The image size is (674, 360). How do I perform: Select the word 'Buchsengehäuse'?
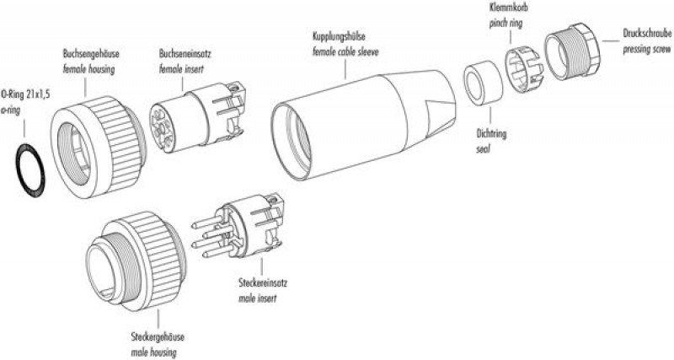pos(91,51)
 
